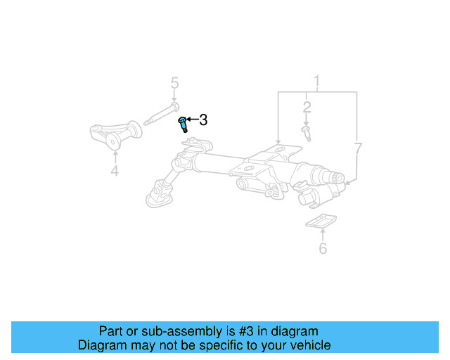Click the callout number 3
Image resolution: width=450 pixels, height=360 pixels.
[203, 120]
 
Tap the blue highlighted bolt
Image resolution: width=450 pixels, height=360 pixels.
[184, 124]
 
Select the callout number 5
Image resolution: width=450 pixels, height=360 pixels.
[174, 84]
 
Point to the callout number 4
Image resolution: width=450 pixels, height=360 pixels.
[115, 171]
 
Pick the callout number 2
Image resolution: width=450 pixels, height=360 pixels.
[307, 108]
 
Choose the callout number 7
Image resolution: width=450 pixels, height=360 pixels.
[358, 148]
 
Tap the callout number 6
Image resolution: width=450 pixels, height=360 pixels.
[323, 248]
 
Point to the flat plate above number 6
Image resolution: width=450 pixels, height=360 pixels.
[321, 221]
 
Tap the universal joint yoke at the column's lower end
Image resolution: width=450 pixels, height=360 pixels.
[161, 191]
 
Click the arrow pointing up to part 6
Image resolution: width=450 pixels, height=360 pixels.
[323, 235]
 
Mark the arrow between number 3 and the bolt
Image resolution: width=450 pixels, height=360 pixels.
[192, 120]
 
